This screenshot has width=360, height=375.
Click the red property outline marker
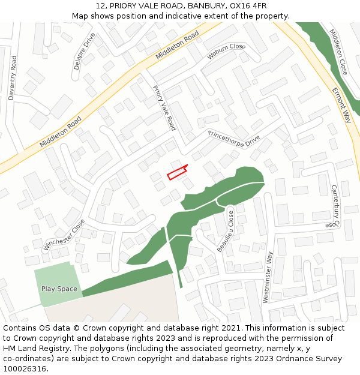click(177, 173)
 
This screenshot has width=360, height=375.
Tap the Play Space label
click(59, 289)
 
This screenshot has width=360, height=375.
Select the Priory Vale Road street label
click(164, 108)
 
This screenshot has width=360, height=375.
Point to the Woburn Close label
click(226, 51)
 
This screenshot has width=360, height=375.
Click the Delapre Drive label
click(85, 51)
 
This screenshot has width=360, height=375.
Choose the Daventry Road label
click(13, 78)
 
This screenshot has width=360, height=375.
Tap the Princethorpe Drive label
click(234, 139)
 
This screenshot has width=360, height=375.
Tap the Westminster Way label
click(268, 277)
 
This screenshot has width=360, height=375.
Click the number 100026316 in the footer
click(25, 369)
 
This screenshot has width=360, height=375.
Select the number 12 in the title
click(100, 6)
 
